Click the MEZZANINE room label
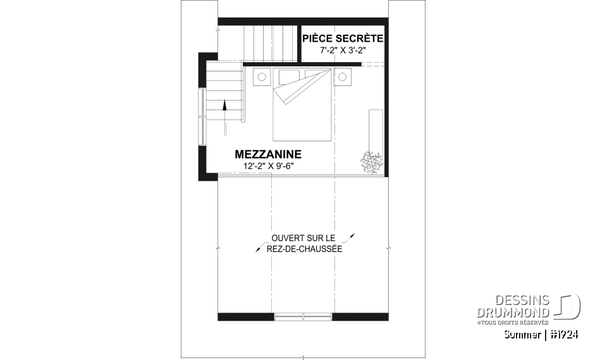268,154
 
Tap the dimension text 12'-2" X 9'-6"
269,166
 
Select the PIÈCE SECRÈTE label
343,39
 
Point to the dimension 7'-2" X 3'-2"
343,49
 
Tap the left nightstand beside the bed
262,77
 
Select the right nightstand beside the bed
343,77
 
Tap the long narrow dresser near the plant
376,127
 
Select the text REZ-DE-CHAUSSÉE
303,249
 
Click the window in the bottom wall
303,316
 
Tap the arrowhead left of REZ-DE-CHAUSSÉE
258,250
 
